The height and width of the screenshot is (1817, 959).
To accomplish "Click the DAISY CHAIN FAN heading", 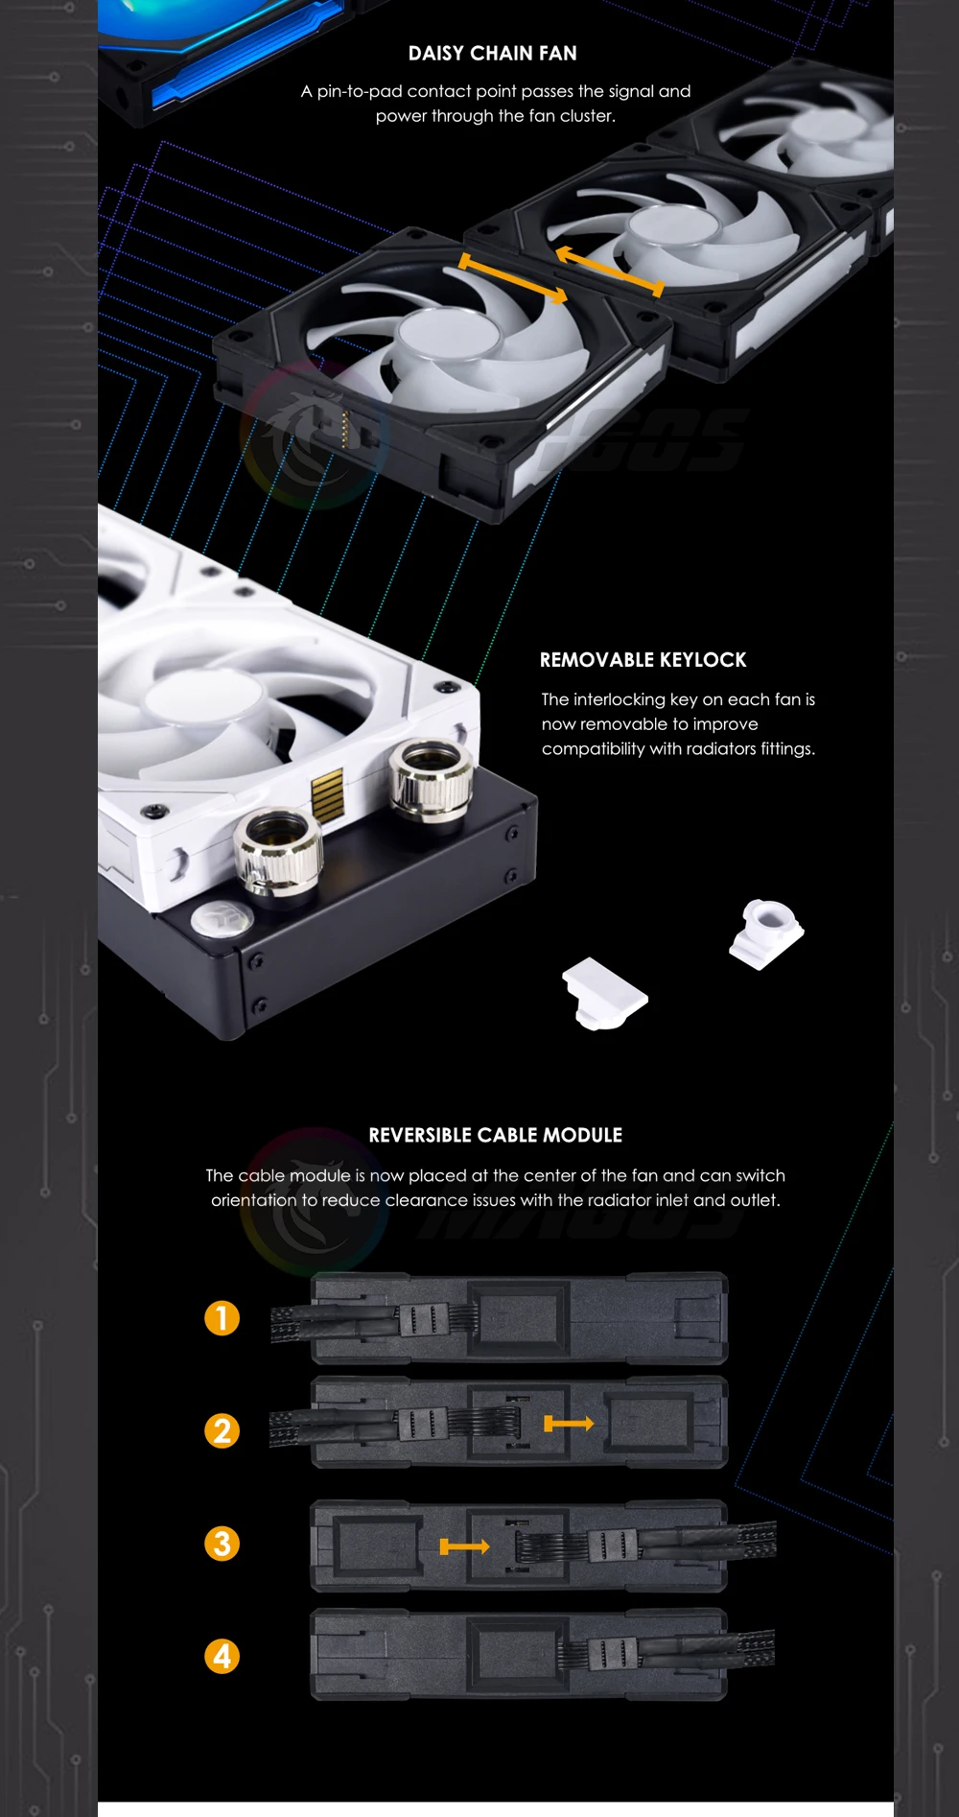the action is point(493,54).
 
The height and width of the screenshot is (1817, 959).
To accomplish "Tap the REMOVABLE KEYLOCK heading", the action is point(643,660).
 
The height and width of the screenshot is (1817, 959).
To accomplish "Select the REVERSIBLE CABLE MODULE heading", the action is point(495,1136).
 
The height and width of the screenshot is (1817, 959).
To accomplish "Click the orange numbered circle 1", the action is point(222,1318).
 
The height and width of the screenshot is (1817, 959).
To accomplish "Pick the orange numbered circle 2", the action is point(222,1431).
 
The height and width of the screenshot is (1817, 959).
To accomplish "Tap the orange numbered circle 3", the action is point(222,1544).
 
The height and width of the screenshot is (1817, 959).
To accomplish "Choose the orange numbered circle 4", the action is point(222,1657).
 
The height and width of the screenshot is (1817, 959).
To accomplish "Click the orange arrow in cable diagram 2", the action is point(569,1424).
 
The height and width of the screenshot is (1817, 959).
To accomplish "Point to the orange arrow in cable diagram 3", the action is point(464,1546).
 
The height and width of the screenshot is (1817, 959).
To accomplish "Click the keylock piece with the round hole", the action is point(766,933).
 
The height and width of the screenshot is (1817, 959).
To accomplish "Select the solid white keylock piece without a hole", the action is point(604,994).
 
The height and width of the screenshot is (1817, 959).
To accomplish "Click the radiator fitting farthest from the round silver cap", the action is point(432,781).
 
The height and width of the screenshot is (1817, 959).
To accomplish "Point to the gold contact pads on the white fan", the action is point(327,794).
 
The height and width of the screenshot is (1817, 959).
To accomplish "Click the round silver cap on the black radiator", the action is point(222,919).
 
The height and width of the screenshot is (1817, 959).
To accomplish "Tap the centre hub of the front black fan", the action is point(449,339).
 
